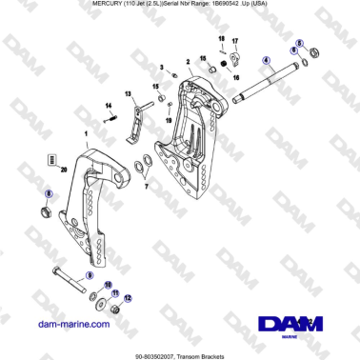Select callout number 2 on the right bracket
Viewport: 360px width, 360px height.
click(190, 61)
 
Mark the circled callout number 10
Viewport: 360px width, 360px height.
click(108, 284)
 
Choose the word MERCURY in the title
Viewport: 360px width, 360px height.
click(89, 6)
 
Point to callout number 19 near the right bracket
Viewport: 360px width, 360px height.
click(169, 122)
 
